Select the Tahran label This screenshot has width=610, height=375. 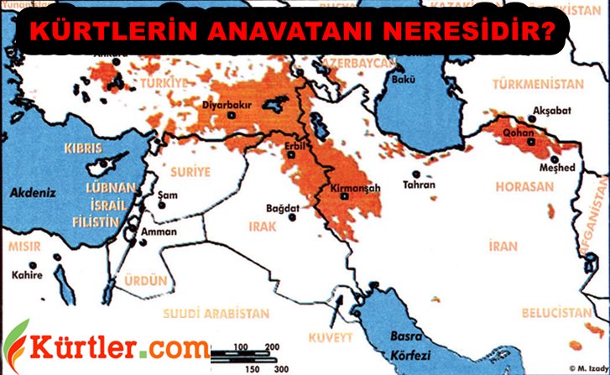[x=419, y=184]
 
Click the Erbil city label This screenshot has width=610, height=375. [x=294, y=144]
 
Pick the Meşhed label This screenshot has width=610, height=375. [x=556, y=167]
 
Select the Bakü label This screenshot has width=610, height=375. [x=402, y=81]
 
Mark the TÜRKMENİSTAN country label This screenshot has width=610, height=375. [x=537, y=85]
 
